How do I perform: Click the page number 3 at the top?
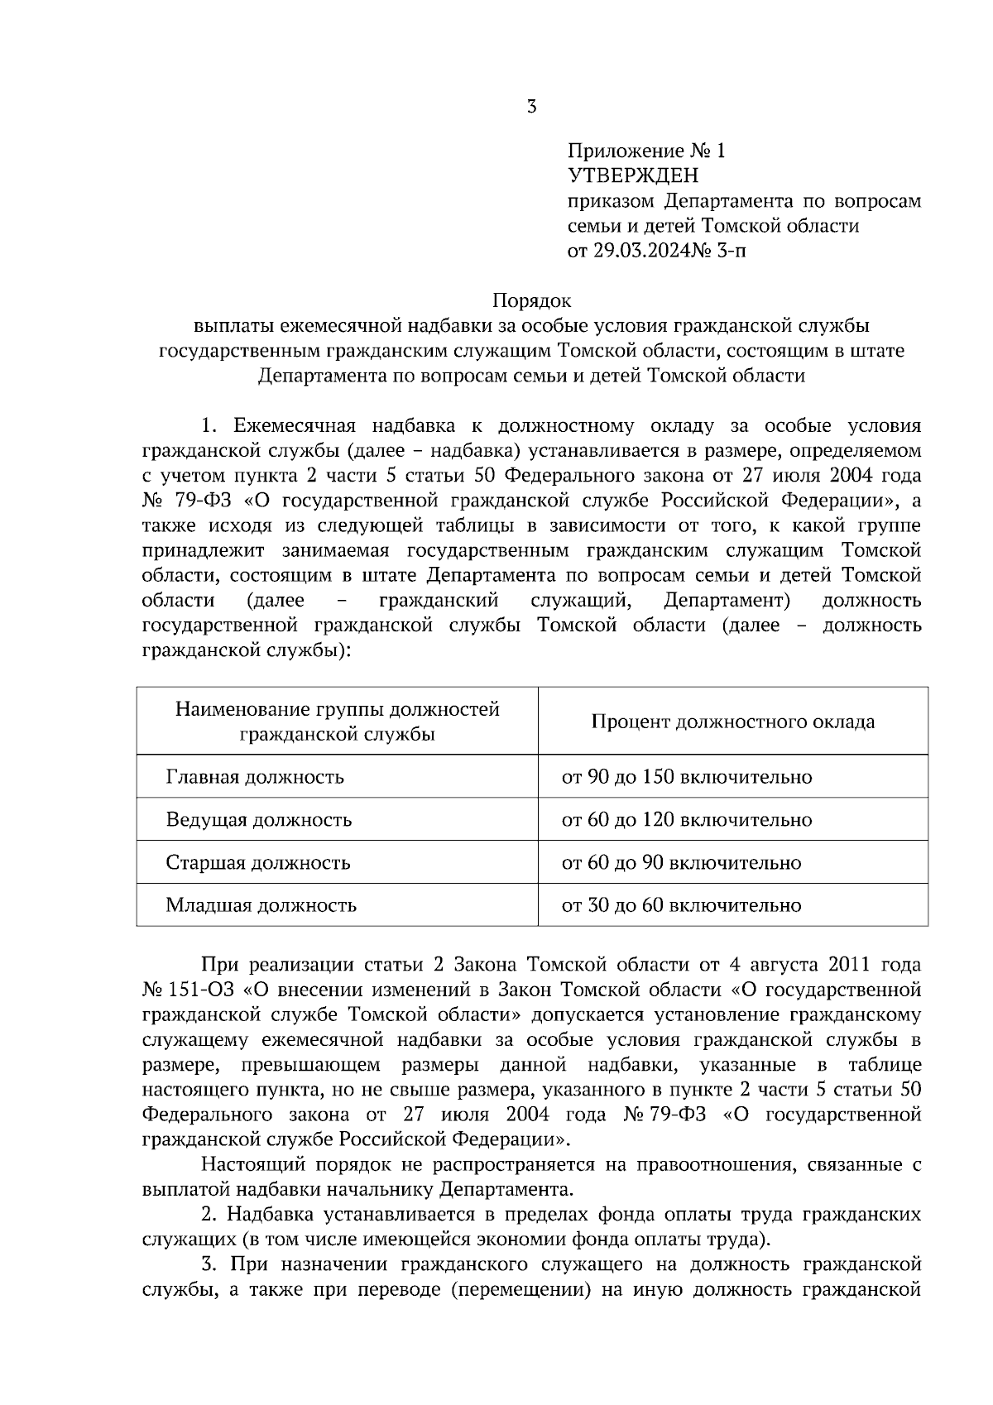(531, 107)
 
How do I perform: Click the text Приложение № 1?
(645, 151)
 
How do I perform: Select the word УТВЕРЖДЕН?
(633, 176)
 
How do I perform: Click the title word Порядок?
(531, 301)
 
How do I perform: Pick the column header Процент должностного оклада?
(732, 722)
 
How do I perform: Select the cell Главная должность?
(255, 777)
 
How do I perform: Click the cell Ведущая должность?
(258, 820)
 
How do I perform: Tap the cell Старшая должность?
(257, 863)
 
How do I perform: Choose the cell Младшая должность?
(261, 905)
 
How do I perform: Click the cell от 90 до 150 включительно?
(686, 777)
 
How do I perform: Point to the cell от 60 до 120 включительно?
(686, 820)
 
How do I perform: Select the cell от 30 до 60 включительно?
(681, 905)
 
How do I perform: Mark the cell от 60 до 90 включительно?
(681, 863)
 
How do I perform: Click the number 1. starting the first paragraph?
(209, 427)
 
